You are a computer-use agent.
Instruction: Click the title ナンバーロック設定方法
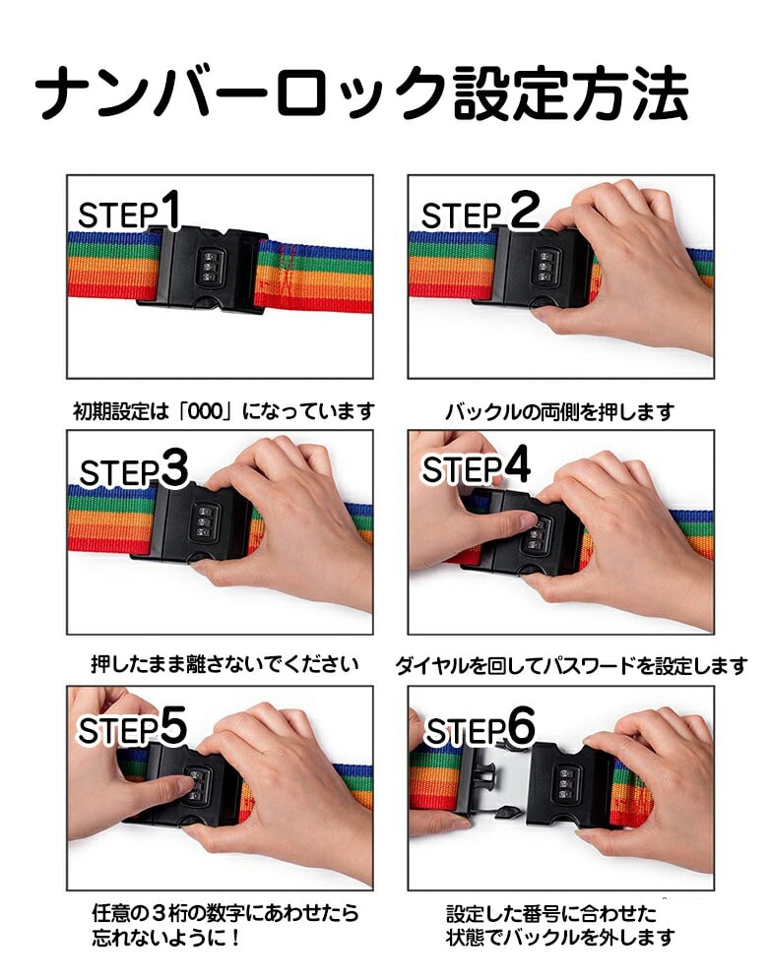click(361, 94)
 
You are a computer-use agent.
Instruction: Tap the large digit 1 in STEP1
click(169, 210)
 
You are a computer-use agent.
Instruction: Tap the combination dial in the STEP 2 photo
click(546, 267)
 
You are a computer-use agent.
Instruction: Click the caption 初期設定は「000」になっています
click(224, 411)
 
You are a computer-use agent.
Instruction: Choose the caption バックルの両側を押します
click(559, 412)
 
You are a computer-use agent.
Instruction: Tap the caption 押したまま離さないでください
click(225, 664)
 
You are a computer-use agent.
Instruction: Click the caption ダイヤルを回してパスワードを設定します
click(571, 665)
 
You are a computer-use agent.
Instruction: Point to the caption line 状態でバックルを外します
click(560, 938)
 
